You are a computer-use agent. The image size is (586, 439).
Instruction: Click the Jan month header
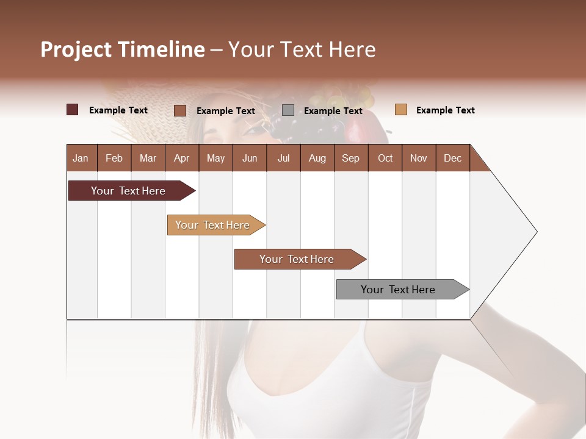tap(81, 158)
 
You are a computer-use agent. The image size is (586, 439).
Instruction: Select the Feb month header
tap(114, 158)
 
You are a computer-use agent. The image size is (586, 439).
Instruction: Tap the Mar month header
tap(148, 158)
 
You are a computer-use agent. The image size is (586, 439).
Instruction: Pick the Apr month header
tap(182, 158)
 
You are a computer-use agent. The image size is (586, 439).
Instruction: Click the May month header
tap(215, 158)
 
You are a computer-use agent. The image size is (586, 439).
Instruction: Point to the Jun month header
tap(250, 158)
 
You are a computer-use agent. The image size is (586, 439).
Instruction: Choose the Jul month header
tap(283, 158)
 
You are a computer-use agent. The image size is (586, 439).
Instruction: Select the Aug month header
tap(317, 158)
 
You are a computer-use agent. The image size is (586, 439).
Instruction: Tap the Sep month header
tap(351, 158)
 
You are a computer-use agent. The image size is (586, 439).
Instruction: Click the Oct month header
tap(385, 158)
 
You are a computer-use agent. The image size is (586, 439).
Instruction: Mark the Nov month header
tap(419, 158)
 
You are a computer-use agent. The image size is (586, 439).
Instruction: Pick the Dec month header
tap(453, 158)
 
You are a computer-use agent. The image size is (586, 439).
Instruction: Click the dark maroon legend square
tap(72, 110)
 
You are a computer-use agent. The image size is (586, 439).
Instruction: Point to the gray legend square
tap(288, 110)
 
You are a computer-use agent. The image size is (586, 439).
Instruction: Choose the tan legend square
tap(400, 110)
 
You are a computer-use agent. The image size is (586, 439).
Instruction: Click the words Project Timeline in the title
tap(123, 49)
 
